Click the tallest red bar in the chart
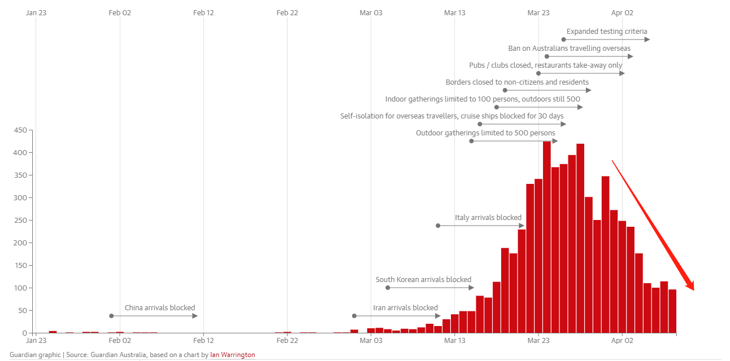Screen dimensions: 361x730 (547, 237)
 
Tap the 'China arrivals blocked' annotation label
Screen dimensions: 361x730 (160, 308)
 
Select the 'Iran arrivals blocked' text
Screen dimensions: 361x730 (405, 308)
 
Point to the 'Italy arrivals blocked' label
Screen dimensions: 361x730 (488, 218)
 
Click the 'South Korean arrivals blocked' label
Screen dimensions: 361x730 (423, 280)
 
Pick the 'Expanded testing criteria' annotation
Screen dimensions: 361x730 (607, 32)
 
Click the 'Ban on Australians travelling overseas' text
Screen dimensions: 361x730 (570, 49)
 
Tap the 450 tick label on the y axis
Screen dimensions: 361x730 (20, 130)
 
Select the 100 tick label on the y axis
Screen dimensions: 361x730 (20, 288)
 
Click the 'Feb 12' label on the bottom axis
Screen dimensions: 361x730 (203, 341)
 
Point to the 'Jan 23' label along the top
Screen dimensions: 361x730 (36, 12)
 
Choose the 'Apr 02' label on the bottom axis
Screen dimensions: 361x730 (622, 341)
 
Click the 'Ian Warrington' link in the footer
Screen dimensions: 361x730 (232, 355)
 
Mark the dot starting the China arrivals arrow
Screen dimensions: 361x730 (111, 316)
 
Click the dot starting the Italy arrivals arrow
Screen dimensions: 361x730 (438, 226)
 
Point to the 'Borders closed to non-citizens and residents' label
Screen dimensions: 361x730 (517, 82)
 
